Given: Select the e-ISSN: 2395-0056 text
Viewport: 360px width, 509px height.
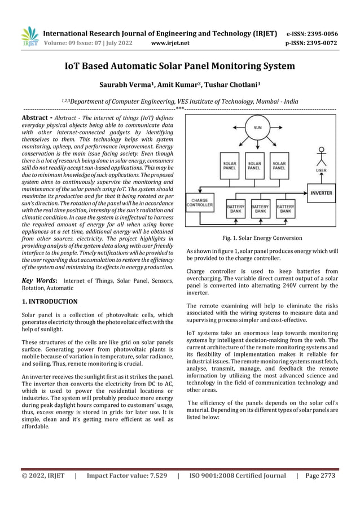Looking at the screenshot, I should tap(312, 33).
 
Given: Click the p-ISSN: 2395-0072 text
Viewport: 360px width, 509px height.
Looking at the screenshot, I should tap(312, 42).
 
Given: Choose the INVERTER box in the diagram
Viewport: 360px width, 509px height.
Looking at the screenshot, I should tap(321, 192).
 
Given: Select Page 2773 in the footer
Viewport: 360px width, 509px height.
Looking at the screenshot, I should tap(319, 476).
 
